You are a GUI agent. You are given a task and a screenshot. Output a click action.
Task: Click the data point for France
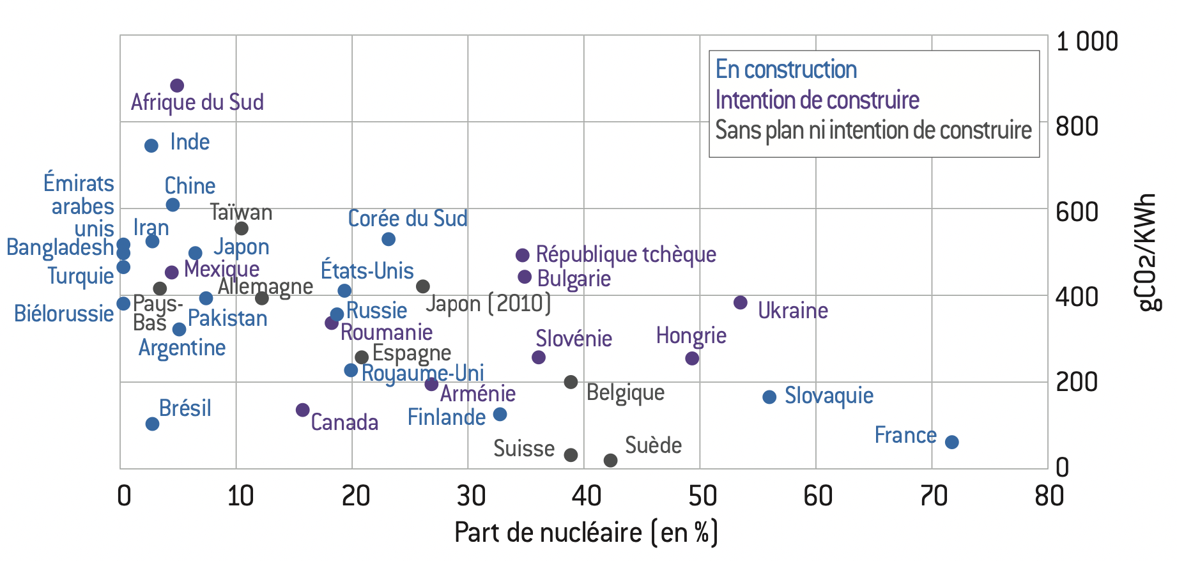(951, 442)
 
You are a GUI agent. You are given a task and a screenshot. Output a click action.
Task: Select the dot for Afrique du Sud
(177, 86)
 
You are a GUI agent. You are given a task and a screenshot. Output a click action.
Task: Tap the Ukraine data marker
(741, 303)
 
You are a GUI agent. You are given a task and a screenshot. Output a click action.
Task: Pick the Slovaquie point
(769, 397)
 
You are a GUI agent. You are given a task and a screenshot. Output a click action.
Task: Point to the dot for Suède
(610, 460)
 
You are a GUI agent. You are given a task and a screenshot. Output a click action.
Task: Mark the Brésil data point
(152, 424)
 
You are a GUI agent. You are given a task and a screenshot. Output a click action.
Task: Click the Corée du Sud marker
(388, 240)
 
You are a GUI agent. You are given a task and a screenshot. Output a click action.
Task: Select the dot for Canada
(303, 410)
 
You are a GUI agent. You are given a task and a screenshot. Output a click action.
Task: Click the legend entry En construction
(786, 70)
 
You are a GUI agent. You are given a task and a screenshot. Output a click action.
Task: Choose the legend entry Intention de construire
(817, 100)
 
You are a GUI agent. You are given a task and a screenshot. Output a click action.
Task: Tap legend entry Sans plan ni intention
(873, 130)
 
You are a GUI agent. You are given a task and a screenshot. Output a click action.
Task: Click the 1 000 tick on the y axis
(1086, 42)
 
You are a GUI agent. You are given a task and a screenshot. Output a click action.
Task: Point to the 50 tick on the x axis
(702, 496)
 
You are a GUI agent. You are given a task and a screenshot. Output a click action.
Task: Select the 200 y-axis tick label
(1077, 382)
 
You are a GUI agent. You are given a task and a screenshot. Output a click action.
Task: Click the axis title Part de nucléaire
(586, 532)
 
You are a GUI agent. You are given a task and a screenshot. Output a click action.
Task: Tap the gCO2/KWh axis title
(1148, 252)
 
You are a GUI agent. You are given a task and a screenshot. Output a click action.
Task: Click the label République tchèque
(626, 254)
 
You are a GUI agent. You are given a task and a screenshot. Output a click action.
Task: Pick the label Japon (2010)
(488, 304)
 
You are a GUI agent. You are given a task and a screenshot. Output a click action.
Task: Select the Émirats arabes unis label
(79, 206)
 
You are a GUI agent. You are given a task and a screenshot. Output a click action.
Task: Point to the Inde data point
(151, 146)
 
